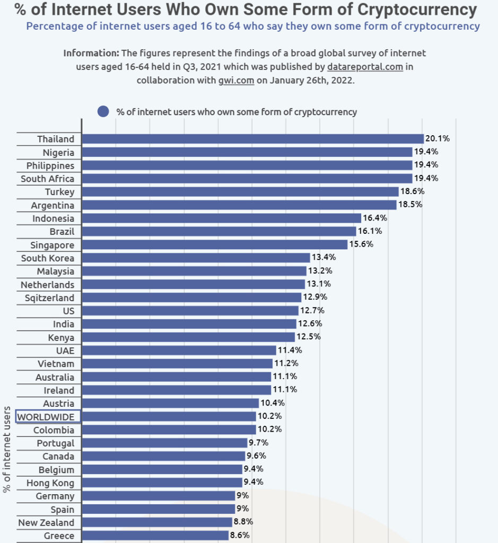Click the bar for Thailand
tap(253, 139)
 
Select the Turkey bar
tap(240, 192)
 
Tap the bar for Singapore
tap(215, 244)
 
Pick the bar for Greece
tap(155, 536)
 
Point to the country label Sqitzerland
tap(49, 298)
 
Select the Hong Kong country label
tap(50, 483)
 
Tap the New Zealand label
tap(47, 522)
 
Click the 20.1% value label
tap(438, 138)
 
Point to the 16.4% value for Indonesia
tap(375, 218)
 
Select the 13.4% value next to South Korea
tap(324, 257)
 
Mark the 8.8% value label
tap(243, 522)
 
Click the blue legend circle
tap(103, 111)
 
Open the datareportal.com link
tap(365, 66)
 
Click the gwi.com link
tap(236, 81)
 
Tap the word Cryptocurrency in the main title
tap(417, 10)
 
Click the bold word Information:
tap(91, 53)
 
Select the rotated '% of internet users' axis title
tap(6, 450)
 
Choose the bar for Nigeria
tap(247, 152)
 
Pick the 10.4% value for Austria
tap(273, 403)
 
